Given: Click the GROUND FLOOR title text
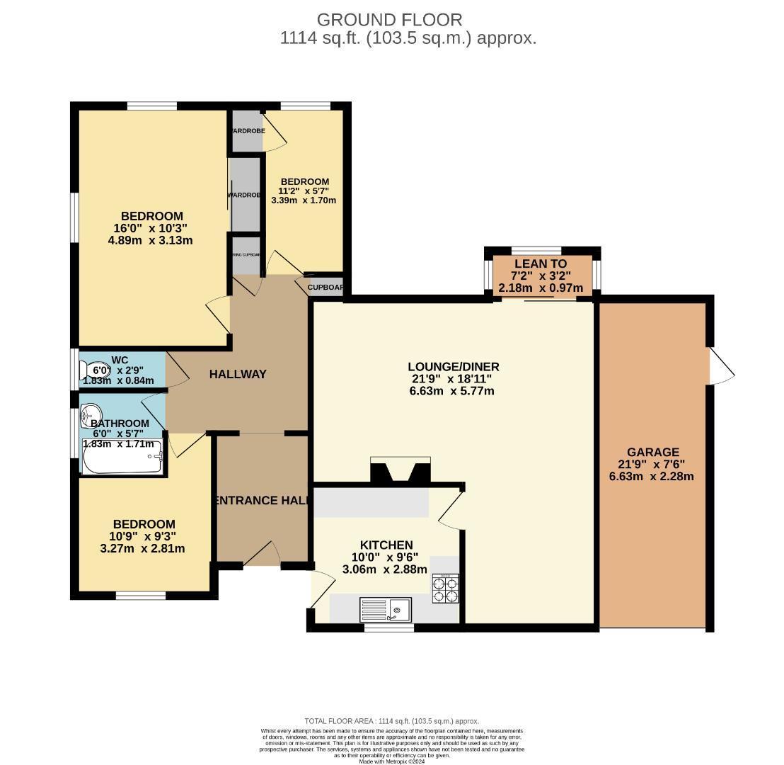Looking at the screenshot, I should [x=389, y=20].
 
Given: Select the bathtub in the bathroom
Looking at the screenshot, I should [x=122, y=458].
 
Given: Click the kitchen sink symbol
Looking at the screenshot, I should [x=386, y=609].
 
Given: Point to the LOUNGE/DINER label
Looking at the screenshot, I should [x=453, y=367].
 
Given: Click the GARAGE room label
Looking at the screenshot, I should [x=652, y=452].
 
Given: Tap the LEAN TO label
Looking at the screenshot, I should [x=541, y=264].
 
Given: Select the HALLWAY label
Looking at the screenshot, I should [x=238, y=374].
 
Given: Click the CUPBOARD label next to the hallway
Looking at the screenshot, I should [x=325, y=288].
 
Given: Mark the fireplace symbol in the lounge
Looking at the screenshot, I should [x=400, y=471].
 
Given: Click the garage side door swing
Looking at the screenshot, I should [x=722, y=367].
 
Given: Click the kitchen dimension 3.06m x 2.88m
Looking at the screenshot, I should [x=384, y=569].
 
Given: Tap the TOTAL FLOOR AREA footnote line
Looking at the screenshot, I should [x=391, y=721].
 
